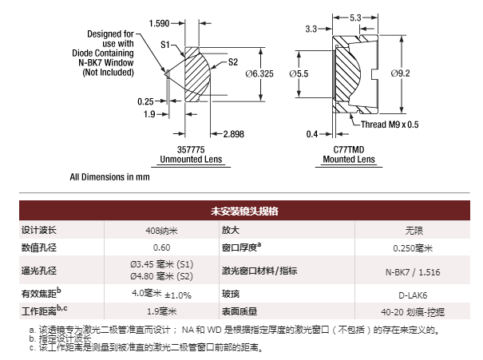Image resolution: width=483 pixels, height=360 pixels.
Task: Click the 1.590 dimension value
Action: [159, 24]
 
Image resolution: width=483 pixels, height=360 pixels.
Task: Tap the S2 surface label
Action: [234, 61]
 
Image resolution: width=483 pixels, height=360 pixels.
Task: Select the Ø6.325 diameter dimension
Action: [256, 74]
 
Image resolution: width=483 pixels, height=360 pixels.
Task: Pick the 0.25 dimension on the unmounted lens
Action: [145, 101]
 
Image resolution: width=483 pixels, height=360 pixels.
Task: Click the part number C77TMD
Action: [349, 149]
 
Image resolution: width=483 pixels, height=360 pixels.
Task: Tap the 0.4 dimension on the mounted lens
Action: [313, 133]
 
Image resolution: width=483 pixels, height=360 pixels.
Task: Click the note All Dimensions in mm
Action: [109, 176]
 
